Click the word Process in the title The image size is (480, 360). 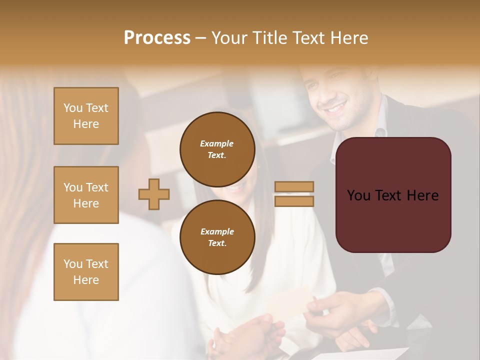click(x=157, y=38)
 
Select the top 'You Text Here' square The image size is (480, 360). click(x=86, y=116)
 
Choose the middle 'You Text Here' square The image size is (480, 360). click(x=86, y=195)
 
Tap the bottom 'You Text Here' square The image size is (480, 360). click(x=86, y=271)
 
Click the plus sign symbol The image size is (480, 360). click(x=154, y=194)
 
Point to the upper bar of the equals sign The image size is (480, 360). click(x=294, y=186)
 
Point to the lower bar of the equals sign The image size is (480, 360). click(x=294, y=201)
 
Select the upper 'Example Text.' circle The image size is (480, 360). click(x=217, y=149)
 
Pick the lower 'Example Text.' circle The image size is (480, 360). click(x=217, y=237)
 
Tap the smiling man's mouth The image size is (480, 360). click(x=336, y=107)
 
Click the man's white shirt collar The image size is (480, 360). click(x=381, y=131)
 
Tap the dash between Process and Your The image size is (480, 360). click(x=200, y=38)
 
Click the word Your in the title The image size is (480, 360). click(x=228, y=38)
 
